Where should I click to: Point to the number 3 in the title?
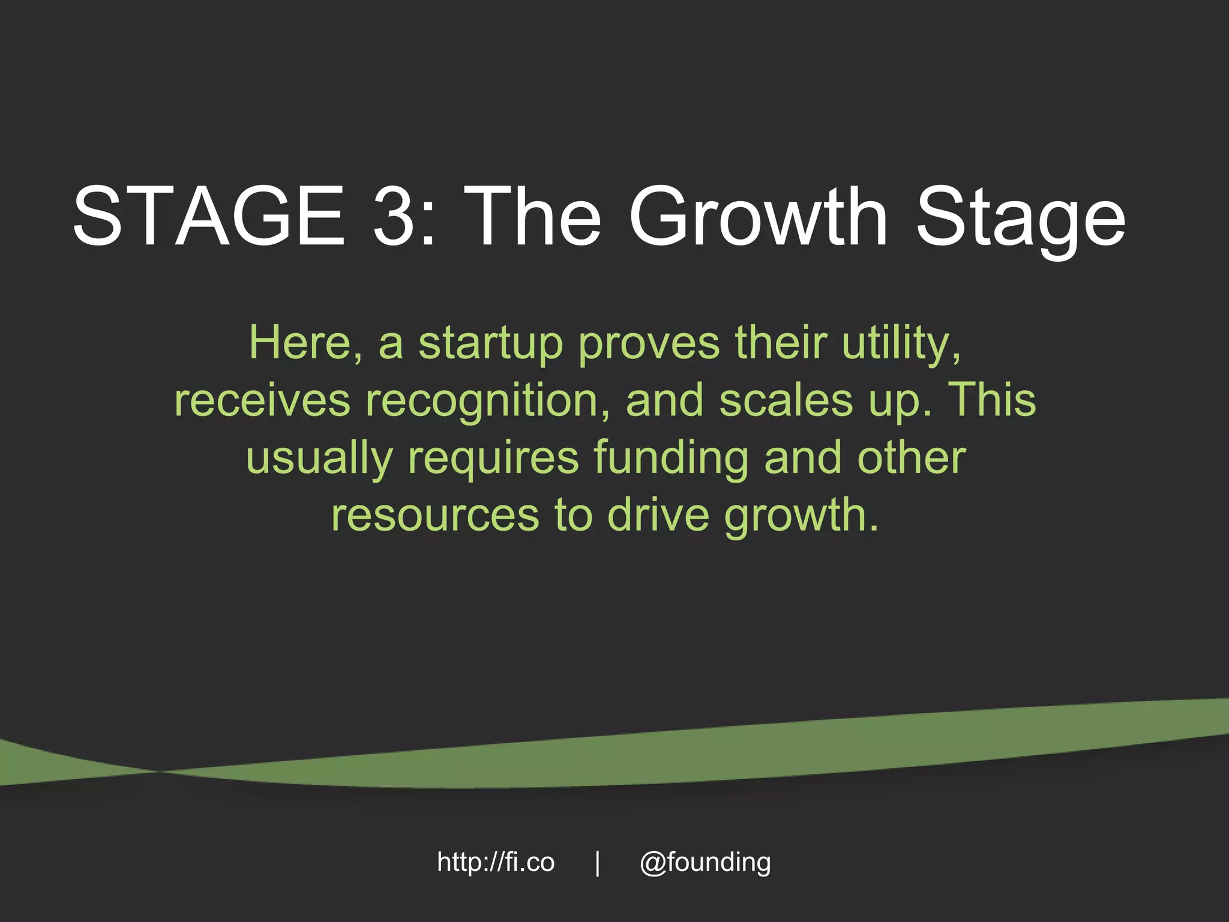393,215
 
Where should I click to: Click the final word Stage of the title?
1020,220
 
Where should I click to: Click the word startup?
490,346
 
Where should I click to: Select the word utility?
901,345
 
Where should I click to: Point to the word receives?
262,401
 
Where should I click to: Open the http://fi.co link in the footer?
496,863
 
